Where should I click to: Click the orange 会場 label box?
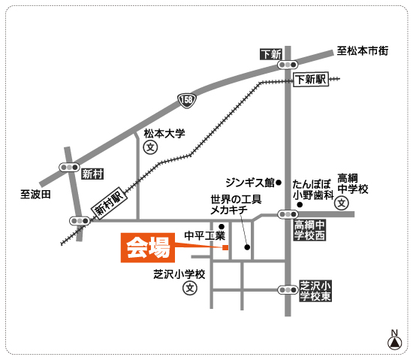[x=148, y=247]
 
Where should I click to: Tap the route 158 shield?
[x=187, y=101]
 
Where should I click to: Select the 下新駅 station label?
[x=311, y=79]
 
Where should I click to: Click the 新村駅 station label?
[x=109, y=202]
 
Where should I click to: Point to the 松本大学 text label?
[x=164, y=134]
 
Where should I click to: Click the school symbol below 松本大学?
[x=150, y=147]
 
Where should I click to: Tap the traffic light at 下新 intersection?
[x=288, y=65]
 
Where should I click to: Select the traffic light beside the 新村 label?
[x=69, y=167]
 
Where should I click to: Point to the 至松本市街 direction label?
[x=363, y=51]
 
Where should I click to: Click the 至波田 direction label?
[x=35, y=195]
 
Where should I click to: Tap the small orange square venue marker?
[x=225, y=247]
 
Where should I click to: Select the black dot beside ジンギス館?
[x=279, y=183]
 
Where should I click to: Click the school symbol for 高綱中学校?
[x=342, y=203]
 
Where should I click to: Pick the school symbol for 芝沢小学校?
[x=190, y=288]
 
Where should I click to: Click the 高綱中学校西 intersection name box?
[x=309, y=230]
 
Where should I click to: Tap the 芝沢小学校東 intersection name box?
[x=315, y=291]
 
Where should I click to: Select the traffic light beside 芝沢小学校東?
[x=288, y=290]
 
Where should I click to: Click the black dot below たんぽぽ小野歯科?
[x=300, y=204]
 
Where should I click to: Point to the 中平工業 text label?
[x=205, y=235]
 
